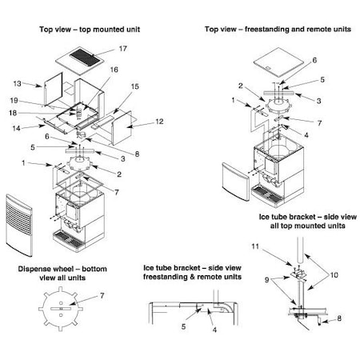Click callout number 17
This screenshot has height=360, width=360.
(123, 49)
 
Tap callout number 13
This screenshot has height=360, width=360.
(17, 84)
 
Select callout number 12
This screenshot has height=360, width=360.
(159, 122)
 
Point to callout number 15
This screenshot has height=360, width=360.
(135, 86)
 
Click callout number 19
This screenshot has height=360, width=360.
(14, 101)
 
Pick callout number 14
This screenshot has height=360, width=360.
(16, 128)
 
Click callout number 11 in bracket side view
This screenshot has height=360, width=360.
(255, 246)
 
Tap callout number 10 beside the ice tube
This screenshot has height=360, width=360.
(334, 275)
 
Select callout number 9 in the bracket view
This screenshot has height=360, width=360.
(266, 280)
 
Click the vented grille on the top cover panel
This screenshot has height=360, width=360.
(85, 57)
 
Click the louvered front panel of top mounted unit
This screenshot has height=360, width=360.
(19, 226)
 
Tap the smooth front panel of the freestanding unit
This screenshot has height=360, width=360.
(236, 182)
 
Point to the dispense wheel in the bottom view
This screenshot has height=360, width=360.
(61, 309)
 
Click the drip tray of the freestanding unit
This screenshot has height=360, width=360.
(267, 196)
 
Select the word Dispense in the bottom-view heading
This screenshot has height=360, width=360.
(34, 269)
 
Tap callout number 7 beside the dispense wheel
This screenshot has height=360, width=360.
(102, 296)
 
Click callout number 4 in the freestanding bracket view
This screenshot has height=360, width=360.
(214, 330)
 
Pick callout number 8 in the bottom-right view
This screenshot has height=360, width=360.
(339, 318)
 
